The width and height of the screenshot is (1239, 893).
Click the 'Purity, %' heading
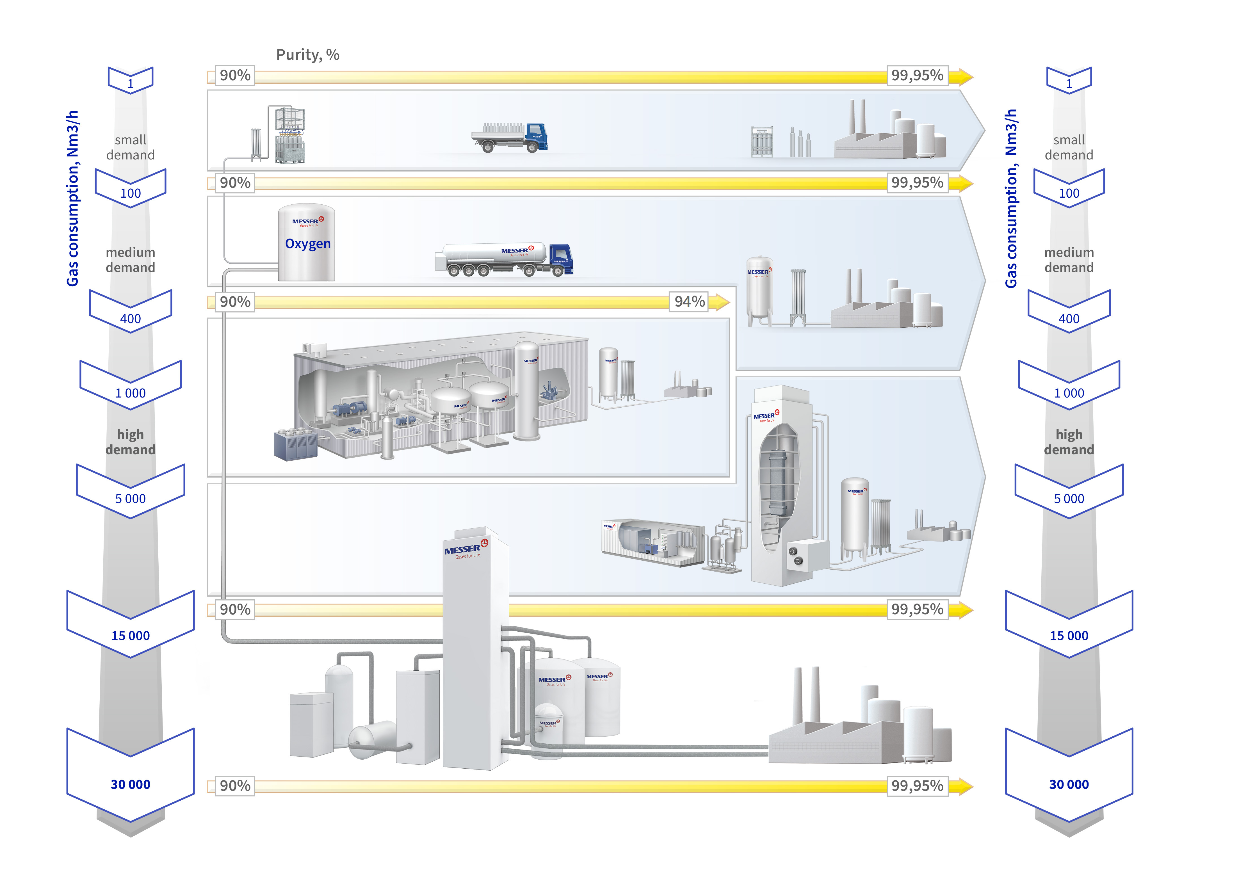click(307, 55)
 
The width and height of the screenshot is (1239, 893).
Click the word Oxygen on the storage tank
click(307, 244)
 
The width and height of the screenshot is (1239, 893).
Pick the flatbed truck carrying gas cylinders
click(509, 136)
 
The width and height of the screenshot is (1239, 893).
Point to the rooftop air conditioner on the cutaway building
click(314, 348)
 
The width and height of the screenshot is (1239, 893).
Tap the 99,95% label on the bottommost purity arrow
click(917, 786)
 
